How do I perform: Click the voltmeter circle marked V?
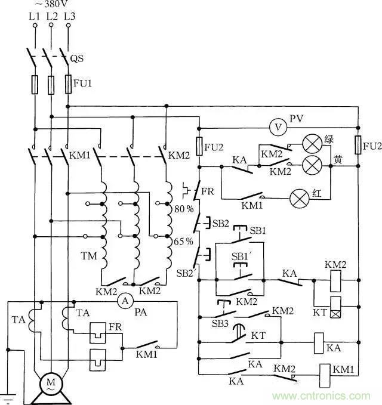276,127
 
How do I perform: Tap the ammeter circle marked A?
125,301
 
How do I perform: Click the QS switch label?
76,59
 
